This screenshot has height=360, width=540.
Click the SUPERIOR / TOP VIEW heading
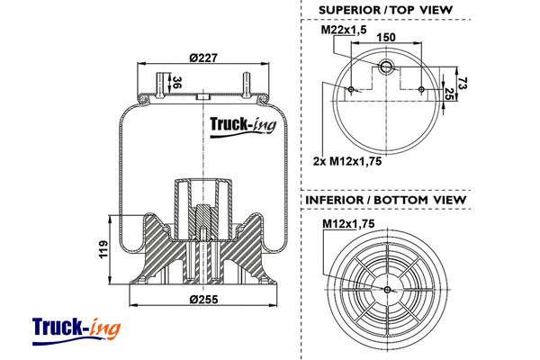click(x=385, y=10)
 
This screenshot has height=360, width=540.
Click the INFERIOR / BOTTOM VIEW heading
click(x=385, y=199)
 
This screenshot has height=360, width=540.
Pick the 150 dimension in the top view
click(x=386, y=37)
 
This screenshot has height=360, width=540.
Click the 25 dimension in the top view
click(x=449, y=94)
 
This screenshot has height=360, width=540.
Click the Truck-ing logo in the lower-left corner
click(x=75, y=329)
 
